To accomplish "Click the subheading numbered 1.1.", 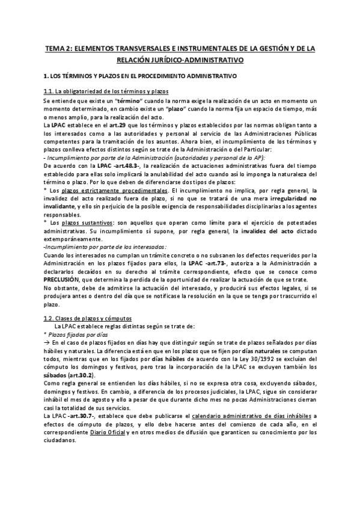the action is point(106,91).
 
